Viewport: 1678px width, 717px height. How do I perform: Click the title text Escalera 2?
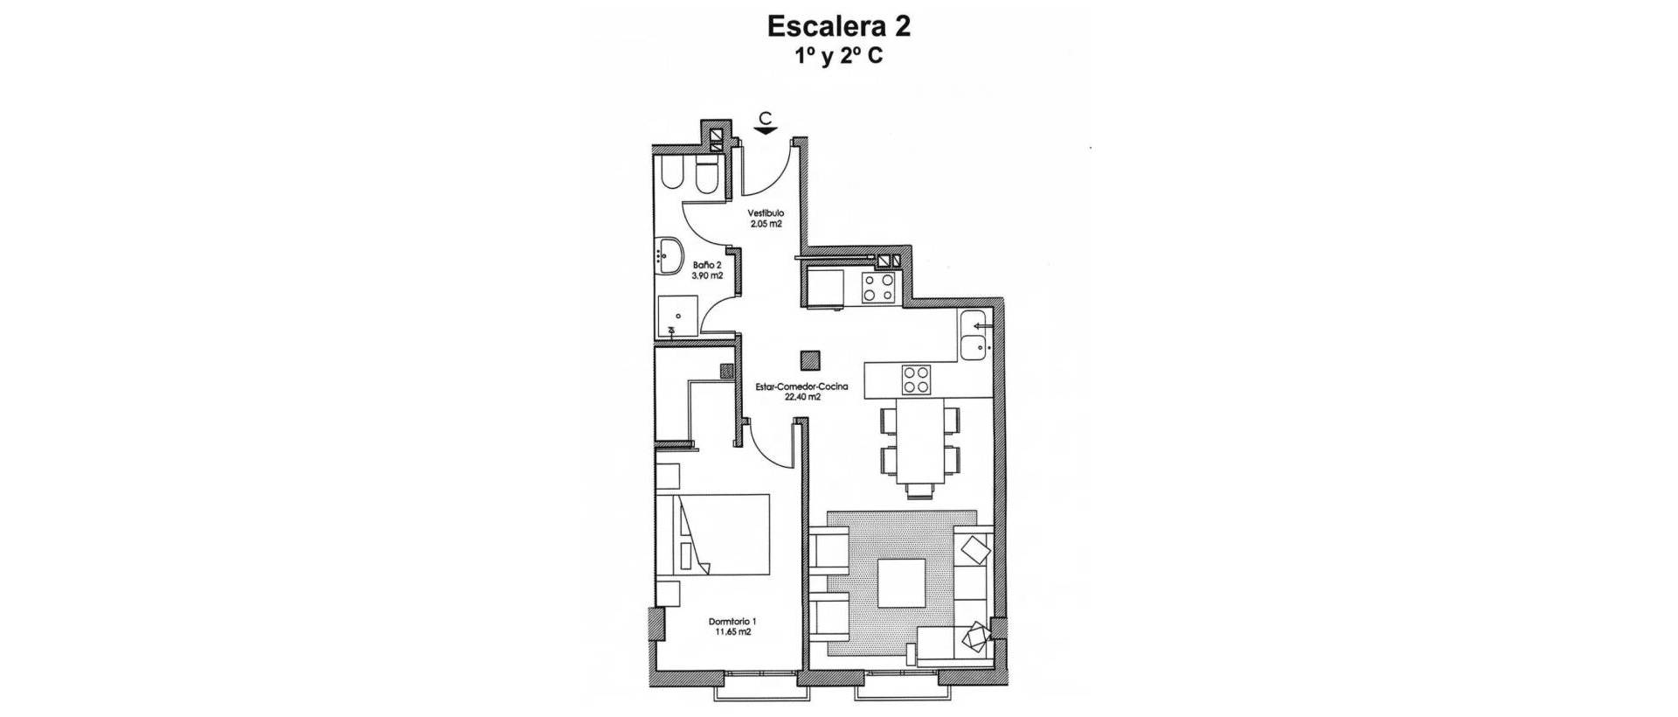838,26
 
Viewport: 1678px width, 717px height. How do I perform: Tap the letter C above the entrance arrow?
766,117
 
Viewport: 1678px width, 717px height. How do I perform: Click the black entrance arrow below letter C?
766,131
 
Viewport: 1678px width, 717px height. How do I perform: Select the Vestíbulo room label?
766,212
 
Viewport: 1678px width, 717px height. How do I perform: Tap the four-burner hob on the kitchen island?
917,379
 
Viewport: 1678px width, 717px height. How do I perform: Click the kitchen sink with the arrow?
974,336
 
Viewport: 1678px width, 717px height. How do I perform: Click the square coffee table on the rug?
902,583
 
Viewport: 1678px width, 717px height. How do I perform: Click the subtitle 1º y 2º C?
838,57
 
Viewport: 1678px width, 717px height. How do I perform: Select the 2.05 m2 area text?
766,224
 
